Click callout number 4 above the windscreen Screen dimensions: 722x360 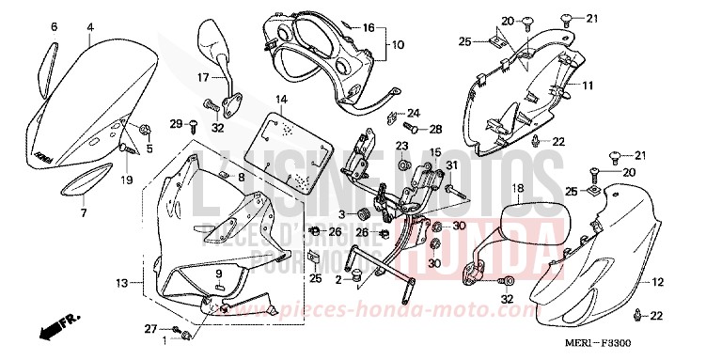coord(89,27)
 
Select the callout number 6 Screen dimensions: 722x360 coord(53,27)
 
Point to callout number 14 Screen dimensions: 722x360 coord(281,99)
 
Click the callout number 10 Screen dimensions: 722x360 coord(398,44)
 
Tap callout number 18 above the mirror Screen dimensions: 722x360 coord(516,189)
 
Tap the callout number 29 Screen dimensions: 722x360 coord(175,123)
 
